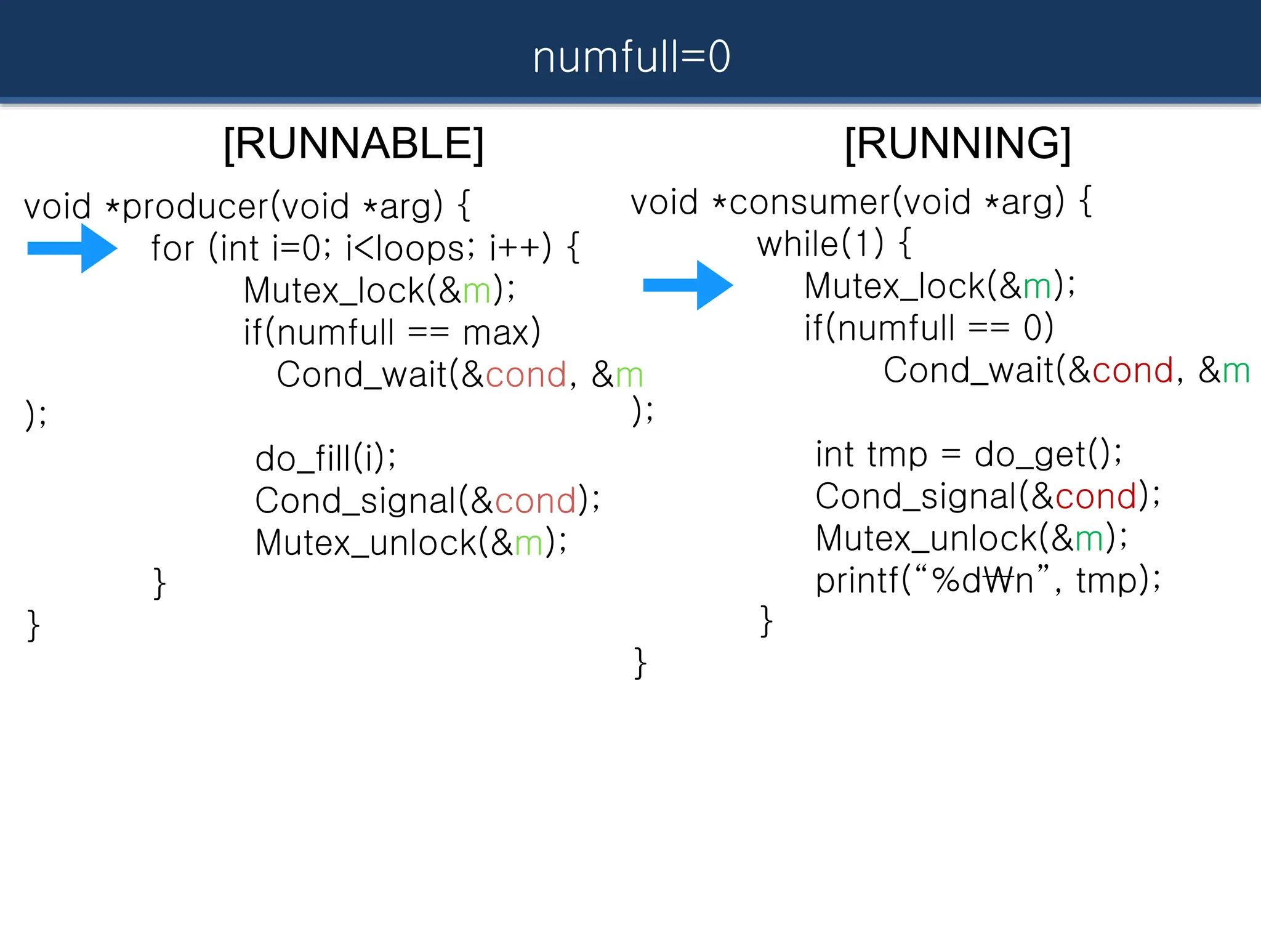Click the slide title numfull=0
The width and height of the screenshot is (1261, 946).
point(631,57)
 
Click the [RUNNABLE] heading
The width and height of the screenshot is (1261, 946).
point(353,144)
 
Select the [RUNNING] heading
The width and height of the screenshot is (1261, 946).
point(957,144)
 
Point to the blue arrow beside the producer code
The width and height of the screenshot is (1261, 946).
point(73,248)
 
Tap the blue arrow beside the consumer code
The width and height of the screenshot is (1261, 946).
point(688,285)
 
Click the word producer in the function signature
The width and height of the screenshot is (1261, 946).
point(196,206)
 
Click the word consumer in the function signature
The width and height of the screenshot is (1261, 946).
point(809,203)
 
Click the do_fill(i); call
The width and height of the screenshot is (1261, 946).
point(326,459)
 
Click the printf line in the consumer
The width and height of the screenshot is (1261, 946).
point(987,581)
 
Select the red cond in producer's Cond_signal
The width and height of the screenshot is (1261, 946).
point(535,501)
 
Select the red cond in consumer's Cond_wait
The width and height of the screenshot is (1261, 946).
point(1132,371)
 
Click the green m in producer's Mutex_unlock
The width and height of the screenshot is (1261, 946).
point(528,543)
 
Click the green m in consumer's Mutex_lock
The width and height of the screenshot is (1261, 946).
point(1037,286)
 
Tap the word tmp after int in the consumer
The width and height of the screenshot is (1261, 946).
point(896,455)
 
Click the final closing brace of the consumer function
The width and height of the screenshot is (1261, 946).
point(640,663)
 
